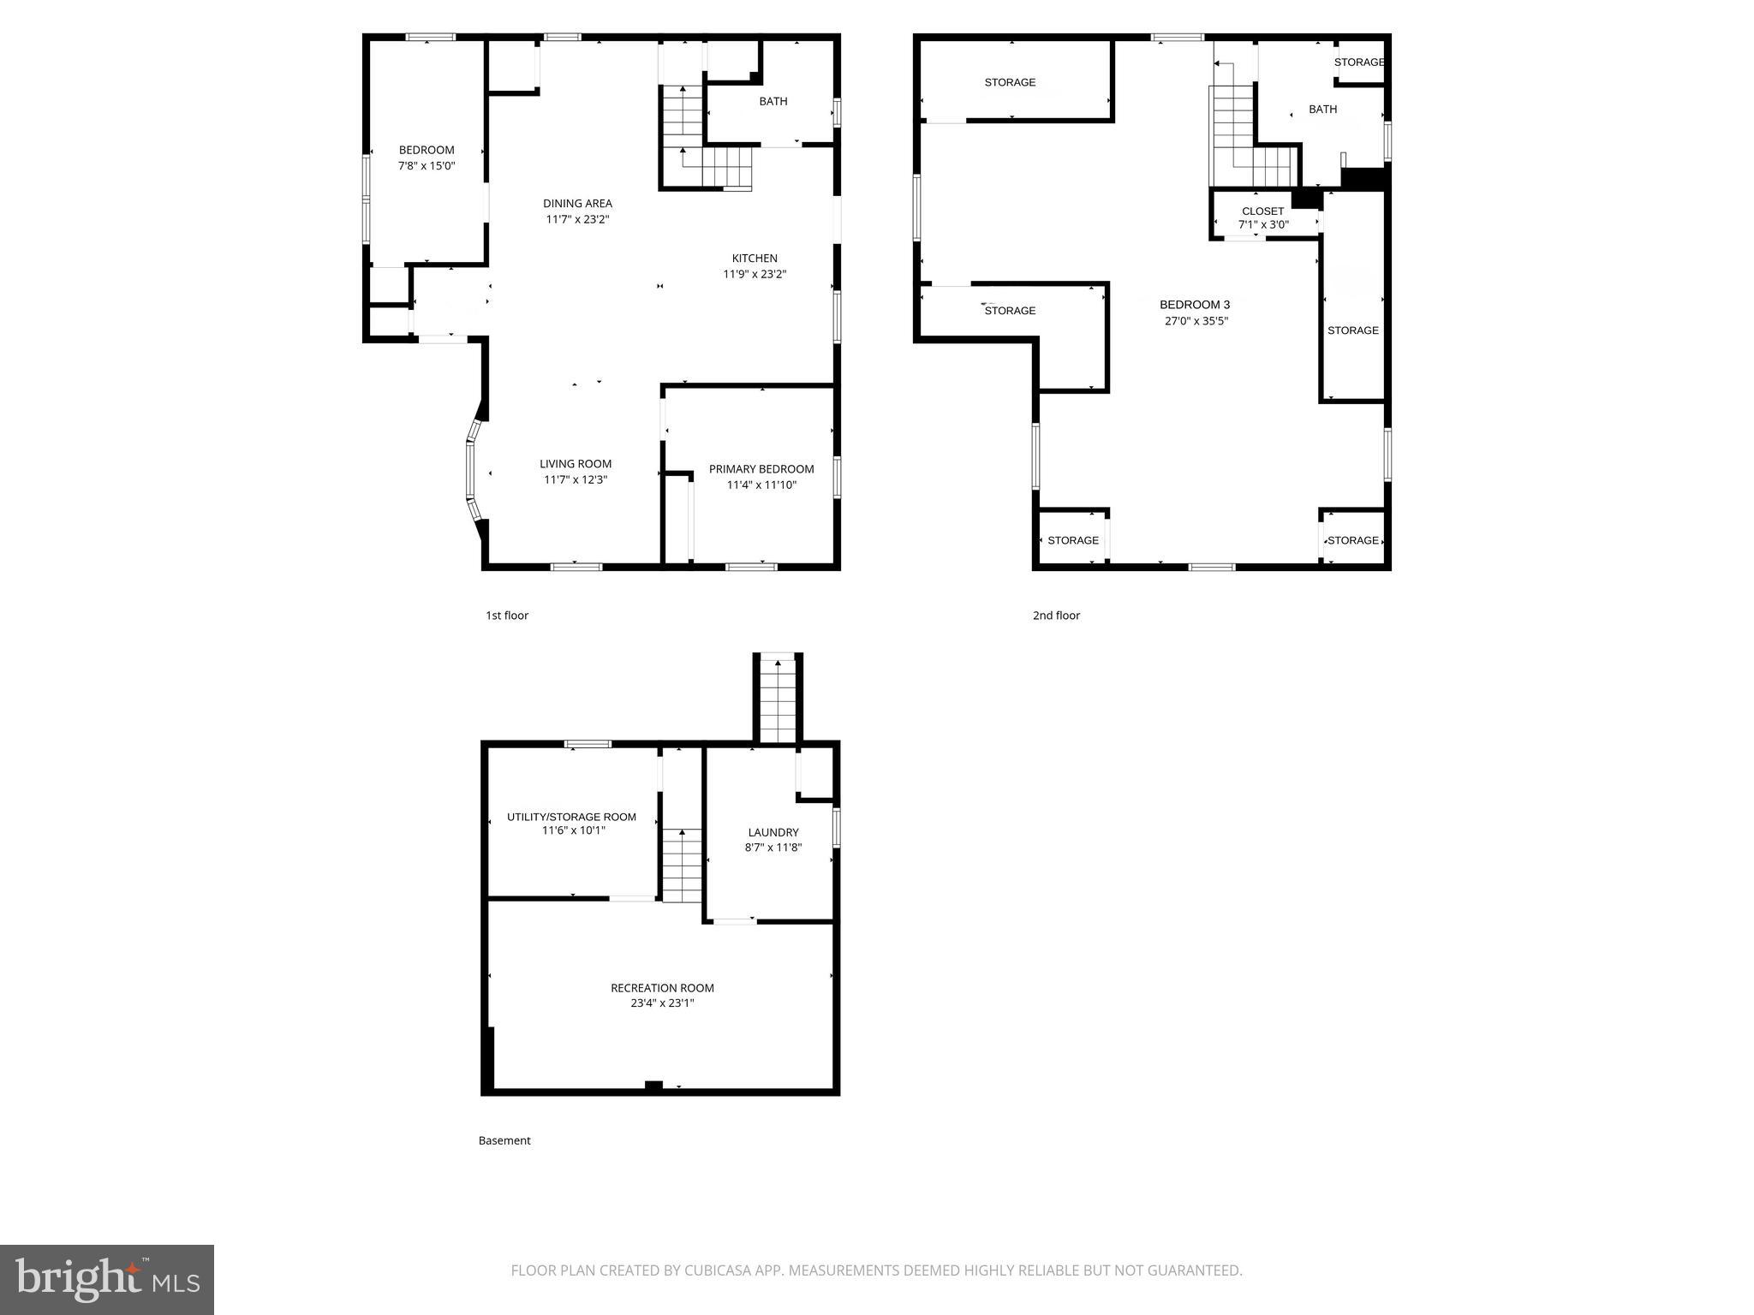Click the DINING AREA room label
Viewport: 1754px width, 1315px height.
(x=577, y=204)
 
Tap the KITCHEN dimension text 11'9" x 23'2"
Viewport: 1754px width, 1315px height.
(x=755, y=275)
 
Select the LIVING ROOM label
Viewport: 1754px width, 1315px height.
(x=576, y=464)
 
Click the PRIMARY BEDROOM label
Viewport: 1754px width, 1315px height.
(x=761, y=469)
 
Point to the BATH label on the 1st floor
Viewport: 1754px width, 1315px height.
(x=773, y=102)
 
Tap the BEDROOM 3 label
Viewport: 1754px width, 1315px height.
(x=1195, y=306)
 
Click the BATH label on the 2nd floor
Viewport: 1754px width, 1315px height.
(x=1322, y=110)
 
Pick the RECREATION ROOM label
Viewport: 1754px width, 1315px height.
(x=662, y=988)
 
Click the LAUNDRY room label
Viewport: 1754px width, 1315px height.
(x=773, y=832)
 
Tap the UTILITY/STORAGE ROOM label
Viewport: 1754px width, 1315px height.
(x=571, y=817)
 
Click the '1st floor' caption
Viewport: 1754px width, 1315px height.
(x=507, y=616)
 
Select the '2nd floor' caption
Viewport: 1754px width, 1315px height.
(x=1056, y=616)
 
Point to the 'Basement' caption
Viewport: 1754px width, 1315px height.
(x=504, y=1140)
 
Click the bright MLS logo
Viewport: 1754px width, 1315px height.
(x=107, y=1279)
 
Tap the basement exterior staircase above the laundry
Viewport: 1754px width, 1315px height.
(x=778, y=698)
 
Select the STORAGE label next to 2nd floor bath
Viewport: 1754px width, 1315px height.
(x=1359, y=62)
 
